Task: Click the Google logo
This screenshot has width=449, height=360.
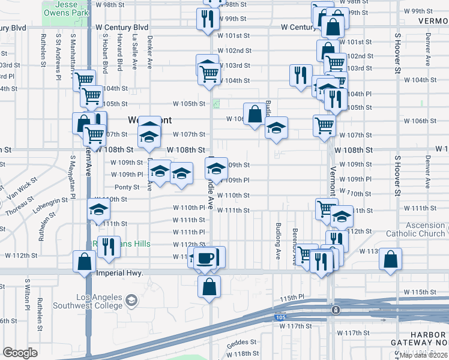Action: click(x=20, y=353)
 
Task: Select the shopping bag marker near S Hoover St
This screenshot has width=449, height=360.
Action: click(x=390, y=259)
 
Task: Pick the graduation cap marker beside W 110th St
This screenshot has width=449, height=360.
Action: click(x=99, y=209)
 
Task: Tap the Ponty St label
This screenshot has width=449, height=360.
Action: click(x=127, y=187)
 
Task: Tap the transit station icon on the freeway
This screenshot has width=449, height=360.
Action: click(x=336, y=310)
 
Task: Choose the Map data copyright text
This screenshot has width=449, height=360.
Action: click(x=423, y=355)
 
